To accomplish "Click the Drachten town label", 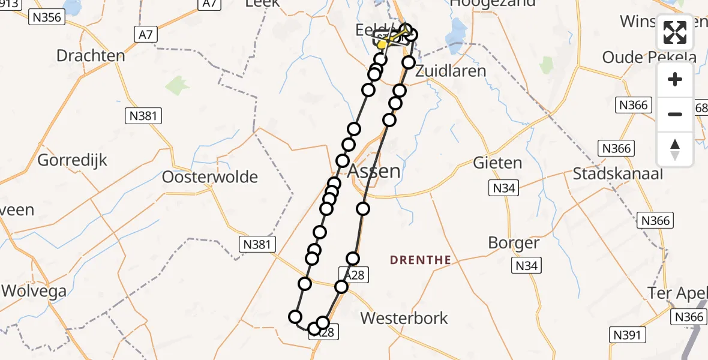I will (x=91, y=56).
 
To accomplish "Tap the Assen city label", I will (x=382, y=171).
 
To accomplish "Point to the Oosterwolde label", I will (x=210, y=177).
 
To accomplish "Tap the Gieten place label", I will (x=497, y=163).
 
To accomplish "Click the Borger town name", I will (x=514, y=243).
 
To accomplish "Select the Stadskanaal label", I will (x=618, y=174).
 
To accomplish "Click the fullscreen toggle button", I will (x=675, y=33).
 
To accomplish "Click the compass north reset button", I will (x=675, y=148).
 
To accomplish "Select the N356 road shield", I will (x=46, y=17).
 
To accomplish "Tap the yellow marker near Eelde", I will (x=382, y=44).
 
